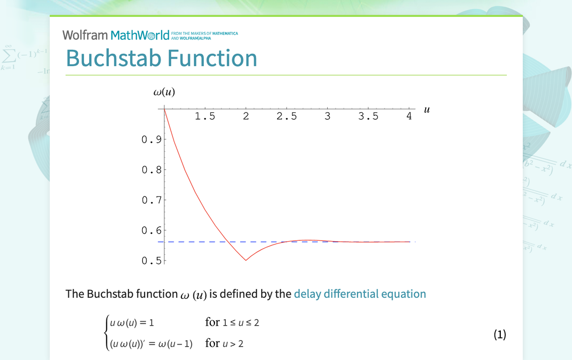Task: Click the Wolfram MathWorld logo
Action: [x=116, y=35]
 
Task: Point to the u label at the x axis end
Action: [x=426, y=109]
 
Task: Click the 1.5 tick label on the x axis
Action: [x=204, y=117]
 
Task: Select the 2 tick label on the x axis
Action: [x=246, y=117]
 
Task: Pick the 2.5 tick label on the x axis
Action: [x=286, y=117]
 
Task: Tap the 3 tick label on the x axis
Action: [x=327, y=117]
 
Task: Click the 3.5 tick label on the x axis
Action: [x=368, y=117]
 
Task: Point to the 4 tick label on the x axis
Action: [x=409, y=117]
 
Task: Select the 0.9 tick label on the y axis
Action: [x=151, y=140]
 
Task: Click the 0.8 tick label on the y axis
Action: [x=151, y=170]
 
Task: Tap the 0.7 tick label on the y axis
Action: [x=151, y=200]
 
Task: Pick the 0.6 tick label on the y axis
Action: [x=151, y=231]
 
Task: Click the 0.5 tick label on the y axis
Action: [x=151, y=261]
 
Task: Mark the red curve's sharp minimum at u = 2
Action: [x=246, y=260]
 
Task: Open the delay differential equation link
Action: [x=360, y=294]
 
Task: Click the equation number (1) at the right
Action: [x=499, y=335]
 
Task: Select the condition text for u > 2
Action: [x=224, y=344]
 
